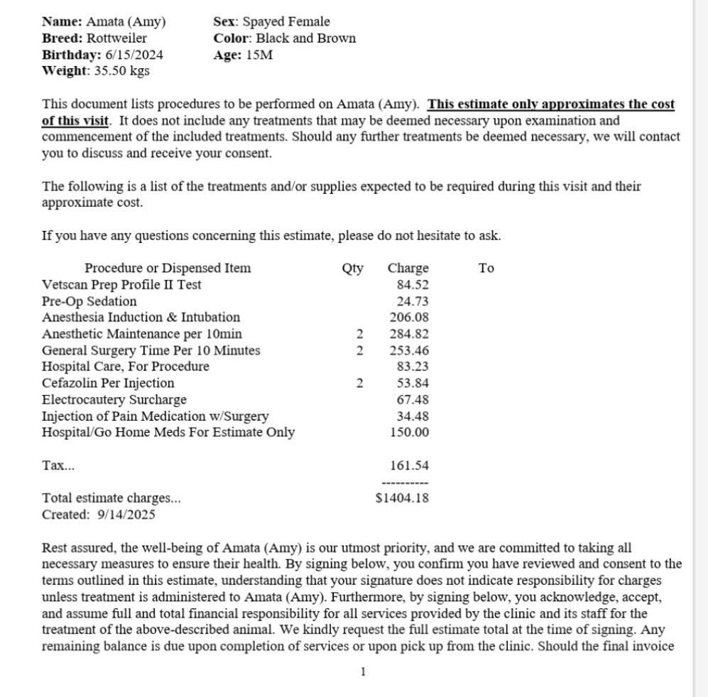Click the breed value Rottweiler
pyautogui.click(x=116, y=38)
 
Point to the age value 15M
pyautogui.click(x=259, y=55)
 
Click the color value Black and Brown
pyautogui.click(x=306, y=38)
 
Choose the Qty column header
pyautogui.click(x=352, y=269)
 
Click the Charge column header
pyautogui.click(x=408, y=269)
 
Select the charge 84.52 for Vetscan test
pyautogui.click(x=413, y=285)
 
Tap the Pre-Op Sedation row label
pyautogui.click(x=89, y=301)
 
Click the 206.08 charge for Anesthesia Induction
pyautogui.click(x=409, y=318)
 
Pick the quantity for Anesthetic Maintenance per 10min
pyautogui.click(x=360, y=334)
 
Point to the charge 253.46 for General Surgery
pyautogui.click(x=409, y=350)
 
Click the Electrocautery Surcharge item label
pyautogui.click(x=114, y=400)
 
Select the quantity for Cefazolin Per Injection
pyautogui.click(x=360, y=384)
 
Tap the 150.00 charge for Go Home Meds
pyautogui.click(x=409, y=433)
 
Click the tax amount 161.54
pyautogui.click(x=409, y=466)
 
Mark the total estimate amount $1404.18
pyautogui.click(x=402, y=498)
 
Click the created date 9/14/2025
pyautogui.click(x=126, y=514)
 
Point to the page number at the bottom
pyautogui.click(x=363, y=671)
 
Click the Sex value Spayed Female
pyautogui.click(x=286, y=22)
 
